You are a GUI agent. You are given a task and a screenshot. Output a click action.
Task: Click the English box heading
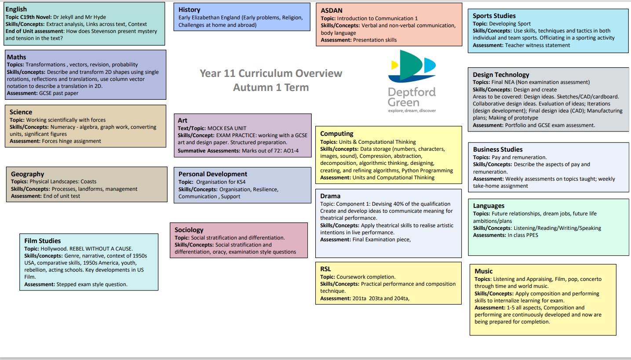(16, 9)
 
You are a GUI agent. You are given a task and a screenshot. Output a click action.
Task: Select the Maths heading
(16, 57)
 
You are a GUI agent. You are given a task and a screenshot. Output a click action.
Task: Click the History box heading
(189, 10)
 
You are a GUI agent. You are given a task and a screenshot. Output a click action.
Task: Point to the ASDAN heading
(332, 11)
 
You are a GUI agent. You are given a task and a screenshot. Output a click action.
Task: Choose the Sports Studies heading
(494, 16)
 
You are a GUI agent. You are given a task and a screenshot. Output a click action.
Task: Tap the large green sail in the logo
(410, 65)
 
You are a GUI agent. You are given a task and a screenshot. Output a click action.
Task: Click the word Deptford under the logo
(412, 92)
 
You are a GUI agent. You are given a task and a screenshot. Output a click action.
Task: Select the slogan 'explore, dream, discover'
(412, 111)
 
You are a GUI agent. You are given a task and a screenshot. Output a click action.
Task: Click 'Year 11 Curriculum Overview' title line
(271, 73)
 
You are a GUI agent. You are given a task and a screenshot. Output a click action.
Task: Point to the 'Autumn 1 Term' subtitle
(271, 87)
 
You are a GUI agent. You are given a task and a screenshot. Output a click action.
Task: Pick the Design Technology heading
(501, 75)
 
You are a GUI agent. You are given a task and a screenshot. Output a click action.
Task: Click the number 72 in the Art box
(277, 151)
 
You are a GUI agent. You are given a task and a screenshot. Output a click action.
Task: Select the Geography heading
(28, 174)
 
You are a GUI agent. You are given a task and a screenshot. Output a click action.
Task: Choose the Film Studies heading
(43, 241)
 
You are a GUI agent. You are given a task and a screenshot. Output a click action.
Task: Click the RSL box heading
(326, 269)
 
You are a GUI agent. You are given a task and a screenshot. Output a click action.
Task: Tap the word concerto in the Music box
(591, 279)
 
